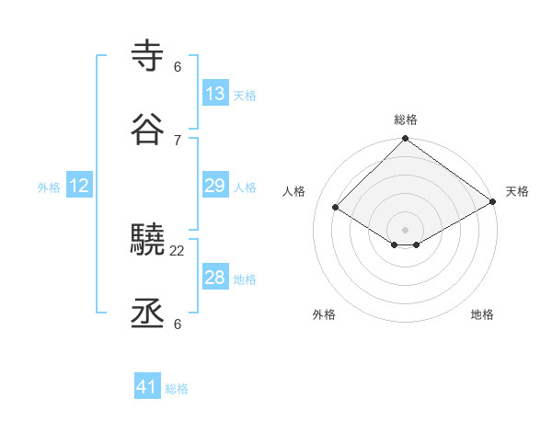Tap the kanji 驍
pyautogui.click(x=148, y=241)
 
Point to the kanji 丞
pyautogui.click(x=148, y=314)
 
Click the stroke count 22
pyautogui.click(x=178, y=250)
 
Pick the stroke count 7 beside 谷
pyautogui.click(x=178, y=140)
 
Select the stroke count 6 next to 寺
pyautogui.click(x=178, y=66)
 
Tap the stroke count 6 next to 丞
pyautogui.click(x=178, y=324)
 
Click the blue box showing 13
pyautogui.click(x=215, y=94)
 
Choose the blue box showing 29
pyautogui.click(x=215, y=187)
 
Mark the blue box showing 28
pyautogui.click(x=215, y=278)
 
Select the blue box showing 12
pyautogui.click(x=79, y=187)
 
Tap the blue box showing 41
pyautogui.click(x=147, y=387)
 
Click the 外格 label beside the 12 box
pyautogui.click(x=49, y=188)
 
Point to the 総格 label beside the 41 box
pyautogui.click(x=177, y=389)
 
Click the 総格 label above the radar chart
pyautogui.click(x=406, y=119)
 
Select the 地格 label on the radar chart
pyautogui.click(x=482, y=314)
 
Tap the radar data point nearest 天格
pyautogui.click(x=493, y=201)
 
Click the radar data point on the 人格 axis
pyautogui.click(x=336, y=208)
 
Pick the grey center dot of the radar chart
pyautogui.click(x=406, y=229)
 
